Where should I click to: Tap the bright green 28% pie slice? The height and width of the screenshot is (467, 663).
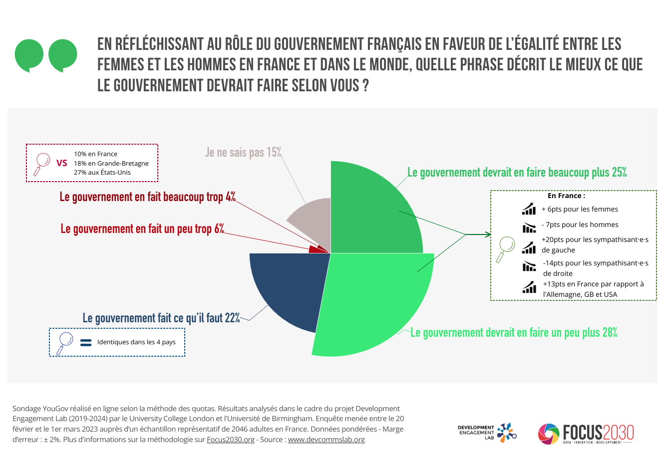coord(374,304)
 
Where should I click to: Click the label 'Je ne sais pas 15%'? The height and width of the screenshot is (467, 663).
coord(243,152)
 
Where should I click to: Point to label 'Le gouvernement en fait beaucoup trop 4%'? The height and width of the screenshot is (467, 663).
coord(147,197)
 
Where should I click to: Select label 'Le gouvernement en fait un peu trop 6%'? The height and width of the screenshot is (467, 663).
coord(142,229)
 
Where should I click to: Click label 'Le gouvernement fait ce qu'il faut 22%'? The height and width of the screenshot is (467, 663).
coord(161,318)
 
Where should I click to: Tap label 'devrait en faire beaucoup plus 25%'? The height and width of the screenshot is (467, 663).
coord(517,173)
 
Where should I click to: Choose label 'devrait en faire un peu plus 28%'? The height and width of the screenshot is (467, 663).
coord(514,333)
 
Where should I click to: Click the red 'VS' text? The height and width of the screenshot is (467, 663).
coord(62,163)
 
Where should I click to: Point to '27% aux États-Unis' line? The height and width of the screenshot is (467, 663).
coord(102,173)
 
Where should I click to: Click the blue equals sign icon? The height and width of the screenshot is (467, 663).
coord(86,343)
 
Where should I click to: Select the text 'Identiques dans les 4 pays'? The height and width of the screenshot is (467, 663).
coord(136,342)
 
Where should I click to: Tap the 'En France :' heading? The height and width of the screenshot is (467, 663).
coord(566,196)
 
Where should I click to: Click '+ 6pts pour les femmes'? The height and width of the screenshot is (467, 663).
coord(580,210)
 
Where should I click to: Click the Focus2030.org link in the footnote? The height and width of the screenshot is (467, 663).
coord(231,440)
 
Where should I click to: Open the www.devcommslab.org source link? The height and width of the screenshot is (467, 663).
coord(326,440)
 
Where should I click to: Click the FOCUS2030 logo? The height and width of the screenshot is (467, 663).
coord(586,434)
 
